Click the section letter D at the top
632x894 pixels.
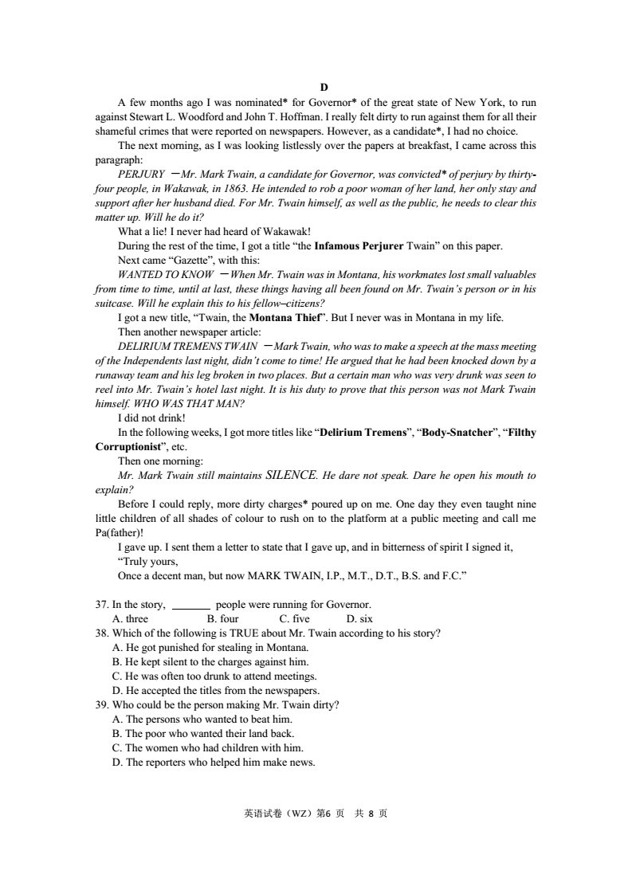click(x=324, y=87)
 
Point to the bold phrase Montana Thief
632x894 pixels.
click(x=288, y=317)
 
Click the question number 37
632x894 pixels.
click(x=103, y=604)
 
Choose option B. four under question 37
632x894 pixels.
click(x=222, y=618)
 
